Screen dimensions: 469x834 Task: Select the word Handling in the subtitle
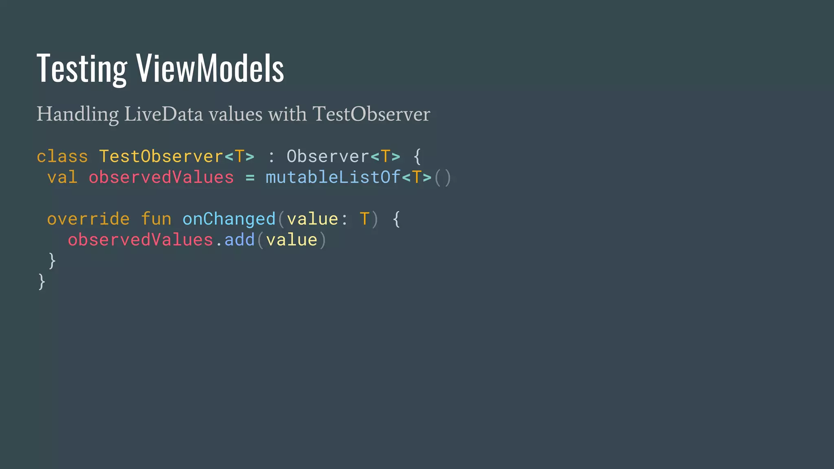[77, 114]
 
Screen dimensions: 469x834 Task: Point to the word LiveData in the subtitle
[163, 114]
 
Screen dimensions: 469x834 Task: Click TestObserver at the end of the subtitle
[371, 114]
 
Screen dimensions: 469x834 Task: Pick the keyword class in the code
[62, 157]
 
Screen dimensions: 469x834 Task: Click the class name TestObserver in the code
[161, 157]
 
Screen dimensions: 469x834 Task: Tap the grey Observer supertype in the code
[328, 157]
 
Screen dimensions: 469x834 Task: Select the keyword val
[62, 178]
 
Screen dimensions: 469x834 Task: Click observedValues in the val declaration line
[161, 178]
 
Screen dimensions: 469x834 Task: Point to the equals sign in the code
[250, 178]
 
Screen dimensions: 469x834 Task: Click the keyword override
[88, 219]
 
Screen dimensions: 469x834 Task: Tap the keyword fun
[156, 219]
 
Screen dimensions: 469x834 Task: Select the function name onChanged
[229, 219]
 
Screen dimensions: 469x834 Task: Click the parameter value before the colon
[312, 219]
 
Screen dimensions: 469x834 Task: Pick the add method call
[239, 240]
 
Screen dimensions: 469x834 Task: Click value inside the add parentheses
[292, 240]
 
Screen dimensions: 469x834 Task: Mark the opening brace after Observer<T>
[417, 157]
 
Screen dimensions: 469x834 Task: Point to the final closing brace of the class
[42, 281]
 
